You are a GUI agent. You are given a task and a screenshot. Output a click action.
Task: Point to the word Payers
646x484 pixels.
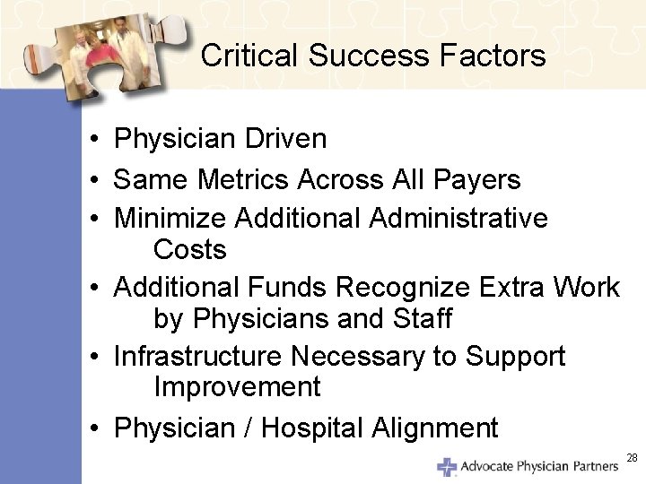coord(477,179)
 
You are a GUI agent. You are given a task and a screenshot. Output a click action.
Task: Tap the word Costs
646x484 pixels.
coord(190,249)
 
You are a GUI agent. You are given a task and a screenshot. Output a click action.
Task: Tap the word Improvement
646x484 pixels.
coord(237,387)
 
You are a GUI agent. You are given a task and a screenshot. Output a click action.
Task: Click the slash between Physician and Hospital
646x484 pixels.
coord(251,428)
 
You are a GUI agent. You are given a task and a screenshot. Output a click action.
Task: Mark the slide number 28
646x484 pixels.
coord(632,458)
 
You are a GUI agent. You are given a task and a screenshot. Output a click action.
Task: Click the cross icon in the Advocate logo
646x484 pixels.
coord(447,467)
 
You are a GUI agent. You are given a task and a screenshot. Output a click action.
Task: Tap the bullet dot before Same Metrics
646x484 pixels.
coord(93,180)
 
